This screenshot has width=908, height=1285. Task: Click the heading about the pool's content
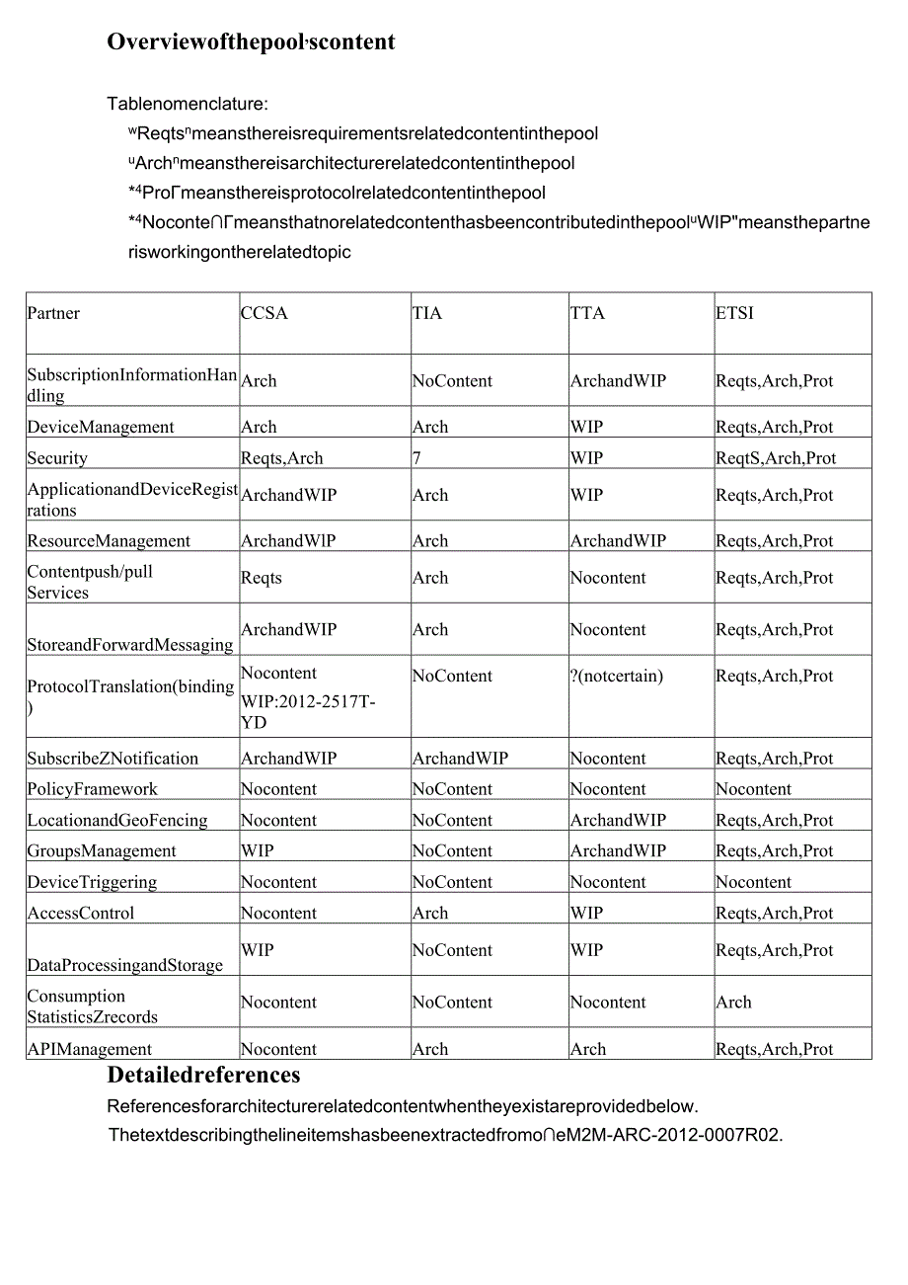(251, 41)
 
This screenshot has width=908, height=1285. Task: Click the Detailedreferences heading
(203, 1075)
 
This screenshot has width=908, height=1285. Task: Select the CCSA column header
(265, 313)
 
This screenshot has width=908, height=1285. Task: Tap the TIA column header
(427, 313)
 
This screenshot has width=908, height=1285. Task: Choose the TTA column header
(587, 313)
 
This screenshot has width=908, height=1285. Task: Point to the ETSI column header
(734, 313)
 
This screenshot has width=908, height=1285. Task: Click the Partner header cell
(53, 313)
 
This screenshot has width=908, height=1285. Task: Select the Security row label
(57, 458)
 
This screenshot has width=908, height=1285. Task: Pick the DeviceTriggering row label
(92, 882)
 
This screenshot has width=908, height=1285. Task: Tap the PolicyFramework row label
(92, 789)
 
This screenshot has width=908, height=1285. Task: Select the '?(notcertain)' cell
(617, 677)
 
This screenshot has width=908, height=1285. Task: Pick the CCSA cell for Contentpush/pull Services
(262, 578)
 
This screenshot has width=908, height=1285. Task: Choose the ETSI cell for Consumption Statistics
(733, 1002)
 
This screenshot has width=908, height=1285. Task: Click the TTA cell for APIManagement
(588, 1049)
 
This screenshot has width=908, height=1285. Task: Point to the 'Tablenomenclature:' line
(188, 103)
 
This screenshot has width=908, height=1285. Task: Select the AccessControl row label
(81, 913)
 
